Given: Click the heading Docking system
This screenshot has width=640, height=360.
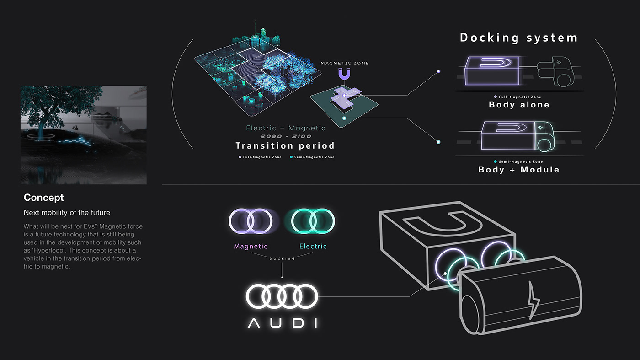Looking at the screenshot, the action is (518, 38).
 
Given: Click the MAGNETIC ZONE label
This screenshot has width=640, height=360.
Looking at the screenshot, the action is (344, 63).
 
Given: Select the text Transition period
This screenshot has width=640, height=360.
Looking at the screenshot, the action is (285, 146).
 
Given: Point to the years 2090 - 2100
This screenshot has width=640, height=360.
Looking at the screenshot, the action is (286, 136).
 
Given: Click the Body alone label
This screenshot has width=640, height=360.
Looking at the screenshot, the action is (519, 105).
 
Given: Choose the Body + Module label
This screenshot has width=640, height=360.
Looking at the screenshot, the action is (518, 170).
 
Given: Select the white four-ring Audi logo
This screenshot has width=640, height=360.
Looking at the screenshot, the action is (282, 296).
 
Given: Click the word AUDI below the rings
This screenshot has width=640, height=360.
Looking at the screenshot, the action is (282, 323).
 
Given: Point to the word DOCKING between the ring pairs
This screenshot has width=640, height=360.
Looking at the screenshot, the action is (282, 259).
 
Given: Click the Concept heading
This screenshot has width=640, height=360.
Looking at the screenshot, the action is (44, 198).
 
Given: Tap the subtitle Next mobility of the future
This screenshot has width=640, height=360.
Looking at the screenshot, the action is (67, 213).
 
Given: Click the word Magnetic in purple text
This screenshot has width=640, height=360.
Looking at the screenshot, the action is (251, 246).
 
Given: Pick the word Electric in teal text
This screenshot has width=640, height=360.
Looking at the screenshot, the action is (313, 246).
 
